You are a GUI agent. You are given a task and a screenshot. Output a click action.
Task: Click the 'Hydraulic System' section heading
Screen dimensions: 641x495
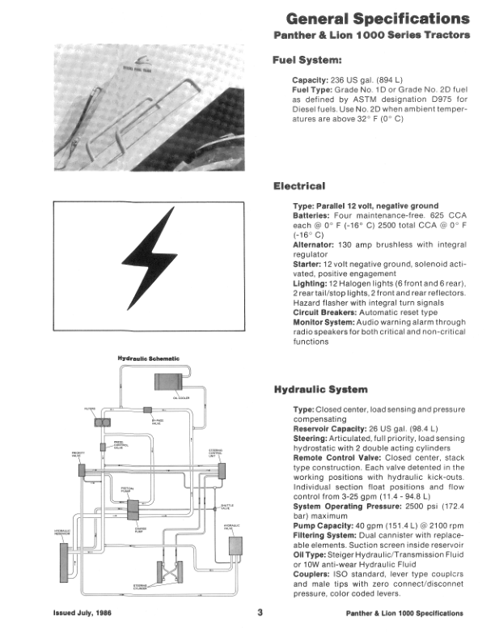tap(322, 389)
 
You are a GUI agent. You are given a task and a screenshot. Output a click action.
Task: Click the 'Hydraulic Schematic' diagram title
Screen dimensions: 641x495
tap(149, 359)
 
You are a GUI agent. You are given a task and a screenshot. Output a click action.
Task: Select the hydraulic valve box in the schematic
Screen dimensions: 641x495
tap(236, 544)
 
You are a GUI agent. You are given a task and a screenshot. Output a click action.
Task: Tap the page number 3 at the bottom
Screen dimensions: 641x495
tap(260, 613)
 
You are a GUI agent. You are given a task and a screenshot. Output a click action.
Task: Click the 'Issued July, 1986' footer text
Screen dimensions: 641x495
tap(82, 613)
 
